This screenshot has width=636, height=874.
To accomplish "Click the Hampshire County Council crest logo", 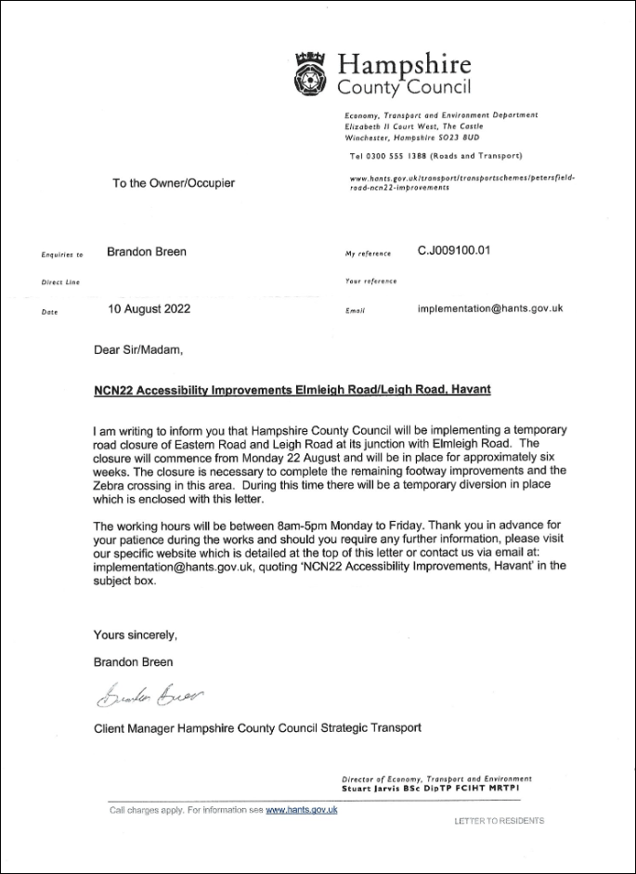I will point(310,71).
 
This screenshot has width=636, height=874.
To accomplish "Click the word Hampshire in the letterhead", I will point(404,65).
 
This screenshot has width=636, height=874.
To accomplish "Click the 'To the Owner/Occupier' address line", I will point(174,183).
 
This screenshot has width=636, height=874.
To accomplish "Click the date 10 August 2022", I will point(149,309).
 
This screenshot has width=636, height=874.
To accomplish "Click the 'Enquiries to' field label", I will point(62,254).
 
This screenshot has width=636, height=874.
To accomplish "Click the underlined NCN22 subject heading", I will point(292,390).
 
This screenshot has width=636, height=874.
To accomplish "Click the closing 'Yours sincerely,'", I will point(135,635).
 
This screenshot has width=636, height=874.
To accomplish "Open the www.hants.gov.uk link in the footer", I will point(301,811).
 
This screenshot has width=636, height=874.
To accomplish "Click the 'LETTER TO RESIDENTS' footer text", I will point(499,821).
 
